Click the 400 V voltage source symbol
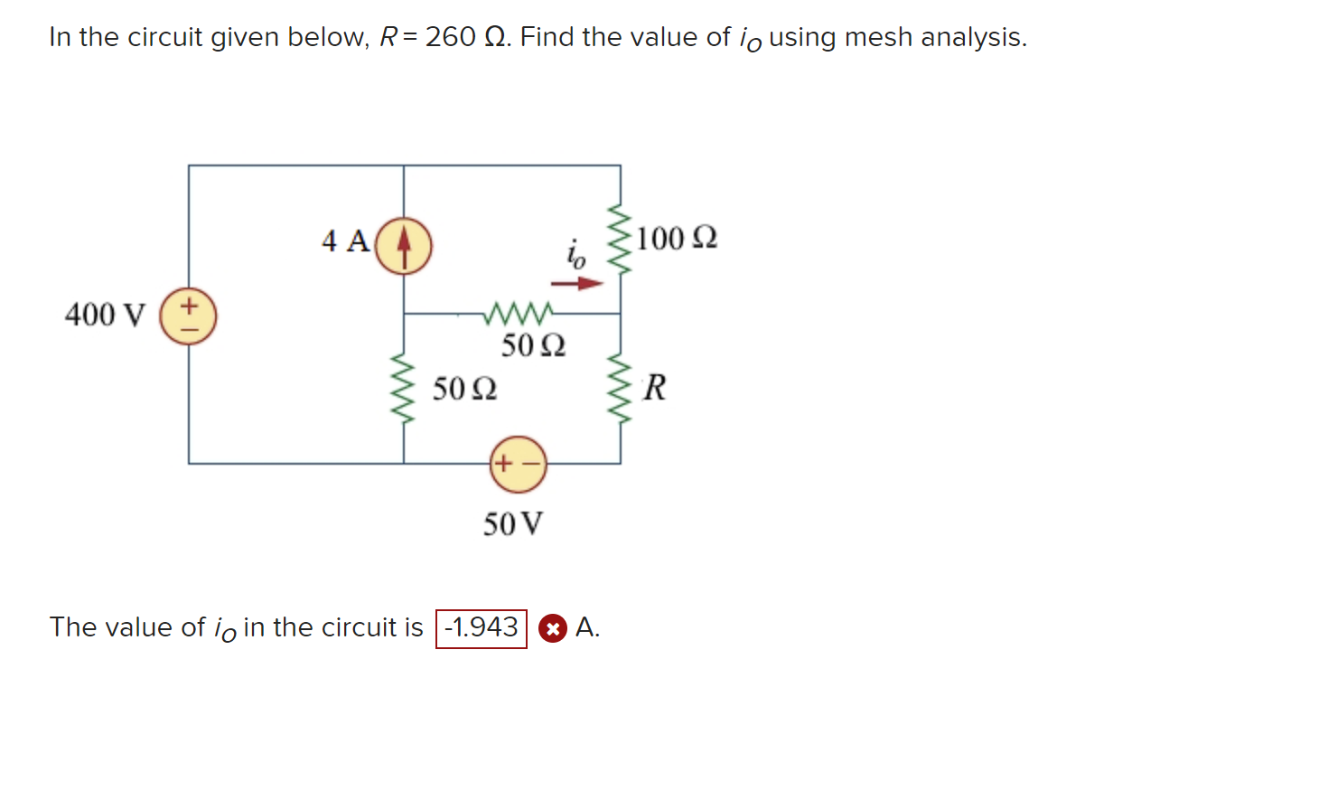click(188, 316)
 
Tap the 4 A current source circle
click(404, 246)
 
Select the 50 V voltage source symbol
click(518, 465)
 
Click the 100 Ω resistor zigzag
click(620, 239)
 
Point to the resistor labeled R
click(620, 387)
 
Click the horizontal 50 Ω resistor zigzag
click(518, 314)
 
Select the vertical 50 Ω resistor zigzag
click(404, 389)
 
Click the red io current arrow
click(577, 284)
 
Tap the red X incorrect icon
click(553, 628)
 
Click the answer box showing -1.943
click(482, 628)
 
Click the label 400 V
click(104, 315)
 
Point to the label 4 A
click(345, 241)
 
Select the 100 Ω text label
click(677, 239)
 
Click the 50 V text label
click(513, 524)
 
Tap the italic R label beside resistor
click(655, 388)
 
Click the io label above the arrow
click(575, 254)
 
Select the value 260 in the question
click(450, 37)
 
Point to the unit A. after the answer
click(587, 627)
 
